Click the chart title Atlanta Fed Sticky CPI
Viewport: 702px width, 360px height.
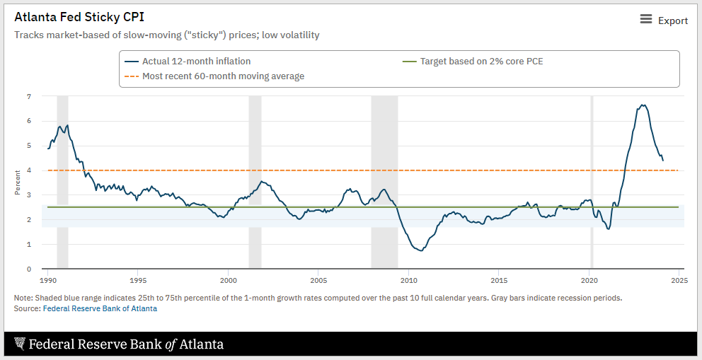79,17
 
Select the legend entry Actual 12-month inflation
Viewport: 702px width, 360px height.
196,62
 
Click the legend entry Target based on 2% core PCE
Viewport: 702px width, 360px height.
481,62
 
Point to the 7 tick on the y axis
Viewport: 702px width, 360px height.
29,96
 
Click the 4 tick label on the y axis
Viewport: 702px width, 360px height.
29,170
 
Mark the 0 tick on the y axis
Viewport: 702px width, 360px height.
29,269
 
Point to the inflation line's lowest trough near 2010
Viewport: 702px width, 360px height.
422,250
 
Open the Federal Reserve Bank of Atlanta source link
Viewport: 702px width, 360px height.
100,308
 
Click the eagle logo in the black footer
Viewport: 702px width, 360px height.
19,344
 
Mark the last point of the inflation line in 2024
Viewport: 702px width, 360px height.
663,161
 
